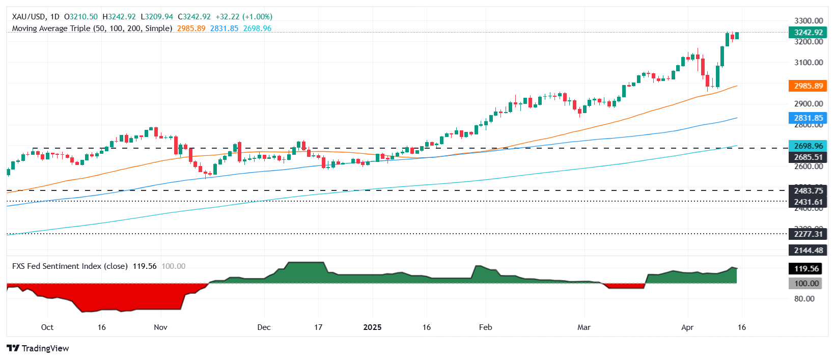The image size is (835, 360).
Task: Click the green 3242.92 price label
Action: [x=808, y=32]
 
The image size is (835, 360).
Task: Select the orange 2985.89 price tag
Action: [x=808, y=86]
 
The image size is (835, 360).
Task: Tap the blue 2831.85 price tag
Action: [x=808, y=118]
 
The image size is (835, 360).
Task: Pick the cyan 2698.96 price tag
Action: [x=808, y=146]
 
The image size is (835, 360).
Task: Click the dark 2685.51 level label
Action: [x=808, y=157]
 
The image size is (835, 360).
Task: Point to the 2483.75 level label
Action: [x=808, y=190]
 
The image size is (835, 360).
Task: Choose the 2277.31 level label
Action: [x=808, y=234]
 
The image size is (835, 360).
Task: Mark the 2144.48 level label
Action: [x=808, y=250]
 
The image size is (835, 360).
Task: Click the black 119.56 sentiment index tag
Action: [x=808, y=268]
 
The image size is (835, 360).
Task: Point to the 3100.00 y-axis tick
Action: [x=809, y=62]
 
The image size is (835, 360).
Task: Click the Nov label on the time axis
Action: [x=160, y=327]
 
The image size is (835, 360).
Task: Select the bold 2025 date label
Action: [x=372, y=327]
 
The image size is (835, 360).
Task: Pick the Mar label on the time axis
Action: [x=584, y=327]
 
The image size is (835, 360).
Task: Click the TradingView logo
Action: [x=38, y=348]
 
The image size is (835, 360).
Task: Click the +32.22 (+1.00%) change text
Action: [x=244, y=17]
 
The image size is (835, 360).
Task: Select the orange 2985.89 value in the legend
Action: [x=191, y=29]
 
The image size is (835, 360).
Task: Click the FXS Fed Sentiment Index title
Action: [x=70, y=266]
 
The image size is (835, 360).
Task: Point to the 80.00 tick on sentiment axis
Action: [x=804, y=298]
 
